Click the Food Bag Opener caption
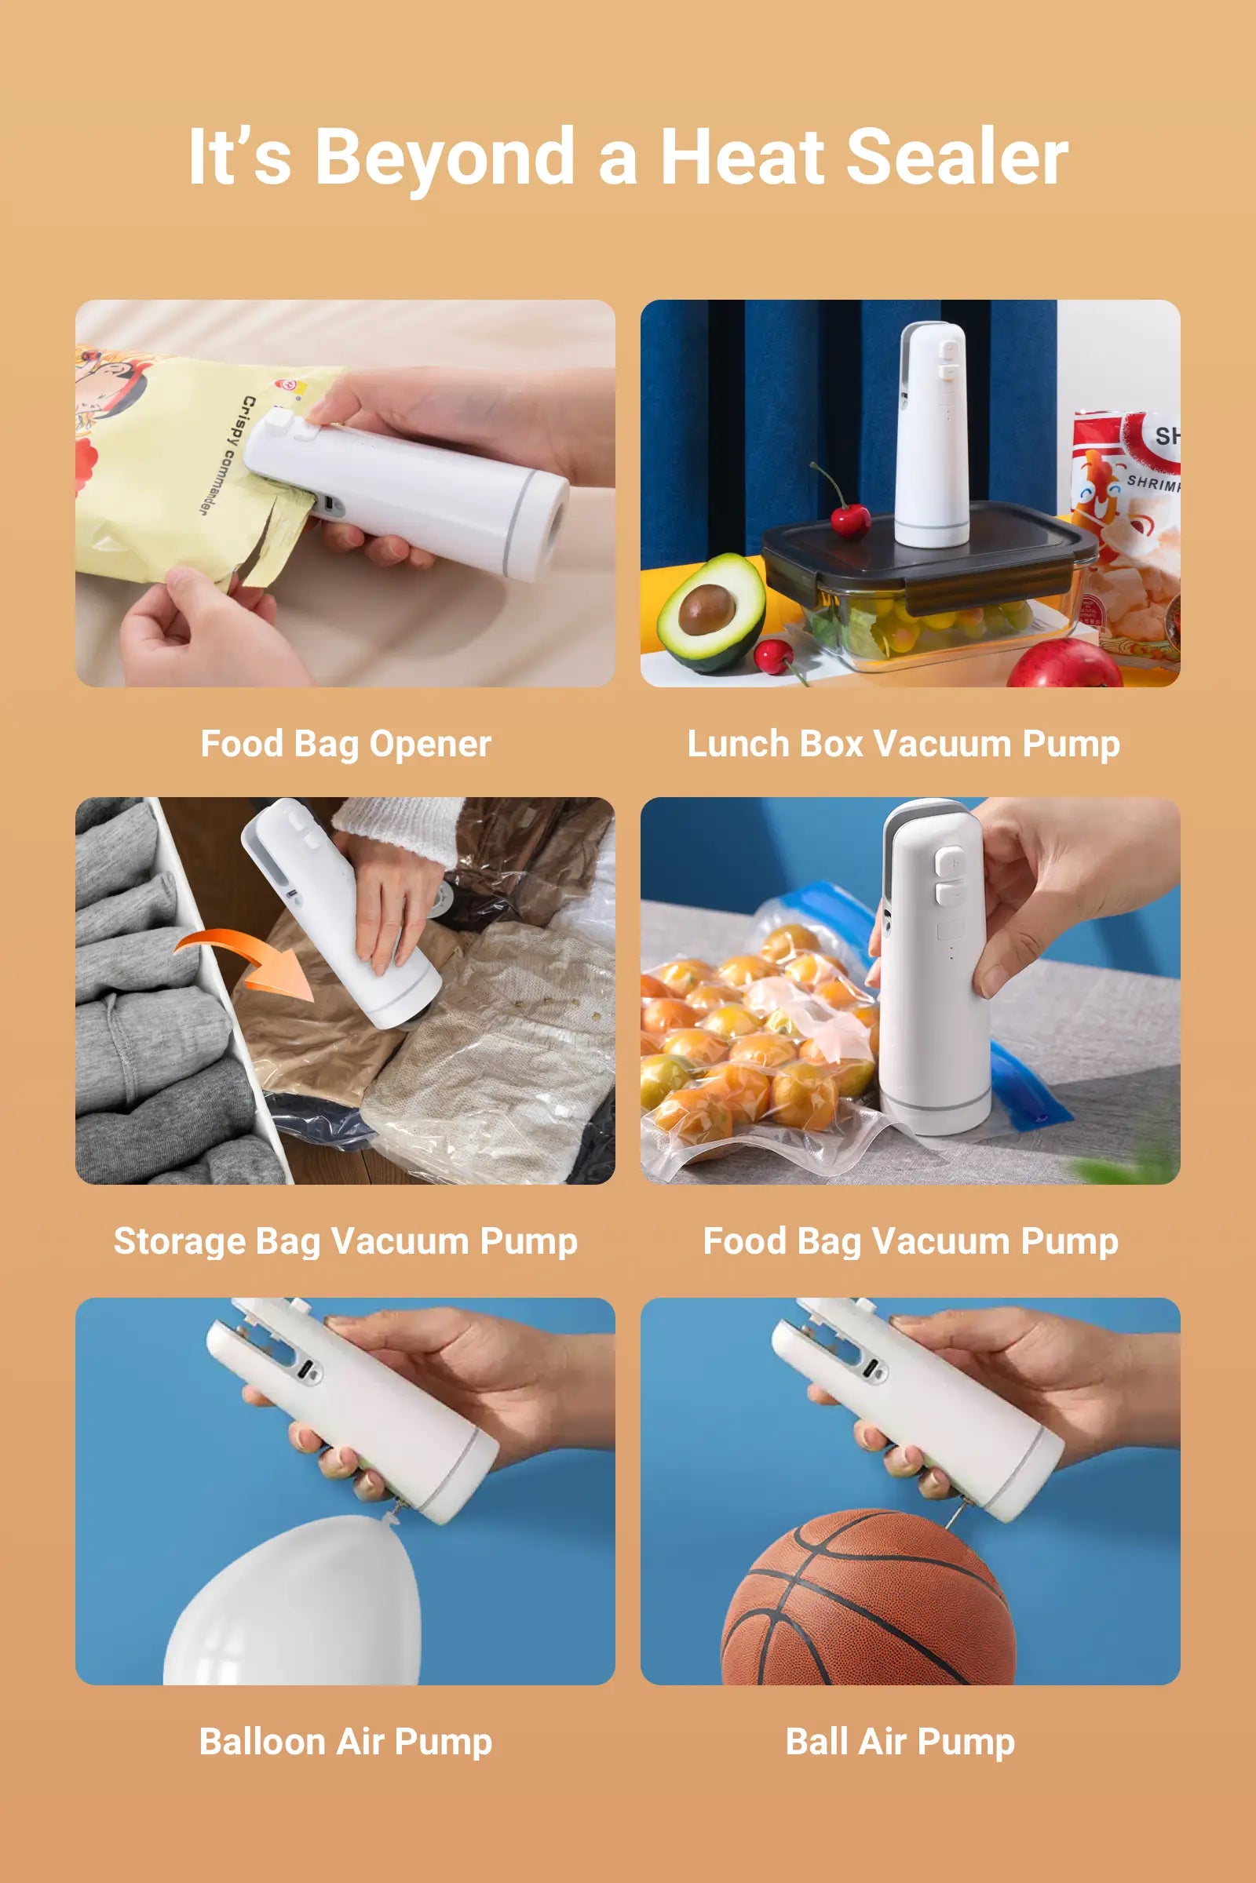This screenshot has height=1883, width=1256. coord(345,744)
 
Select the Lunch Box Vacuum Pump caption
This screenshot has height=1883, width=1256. coord(904,744)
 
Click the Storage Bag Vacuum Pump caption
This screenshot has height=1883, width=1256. coord(345,1242)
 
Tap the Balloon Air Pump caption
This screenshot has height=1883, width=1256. coord(345,1742)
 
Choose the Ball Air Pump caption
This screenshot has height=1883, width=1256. coord(900,1742)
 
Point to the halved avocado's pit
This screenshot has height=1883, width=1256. coord(706,610)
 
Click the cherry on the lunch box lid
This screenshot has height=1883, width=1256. coord(851,519)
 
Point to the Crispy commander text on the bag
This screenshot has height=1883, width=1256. coord(227,455)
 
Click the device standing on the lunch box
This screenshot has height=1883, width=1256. coord(932,436)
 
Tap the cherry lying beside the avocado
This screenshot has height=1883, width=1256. coord(772,656)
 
